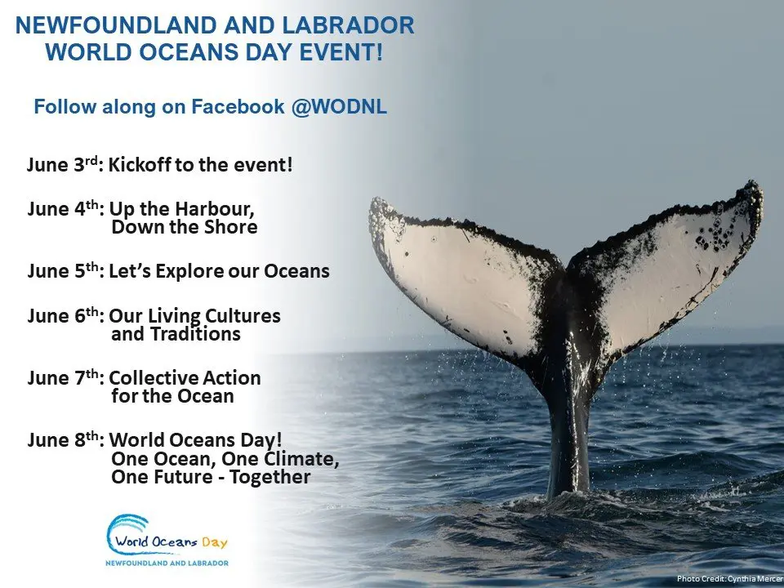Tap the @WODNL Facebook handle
tap(338, 106)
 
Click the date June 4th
tap(63, 208)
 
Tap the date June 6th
tap(63, 315)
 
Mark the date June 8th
tap(63, 439)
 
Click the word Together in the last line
tap(270, 476)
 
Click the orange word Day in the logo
tap(215, 542)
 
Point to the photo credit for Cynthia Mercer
tap(730, 579)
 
